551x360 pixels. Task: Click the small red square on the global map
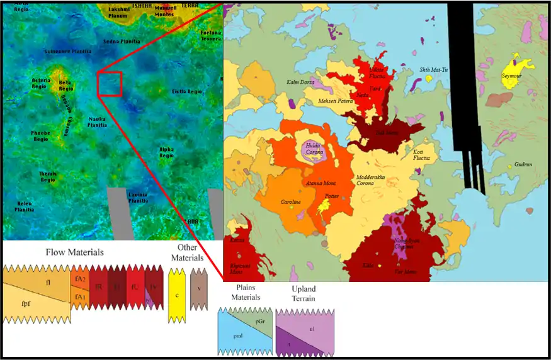(109, 84)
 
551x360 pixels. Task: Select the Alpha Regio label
(166, 151)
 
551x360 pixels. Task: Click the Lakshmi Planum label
(119, 13)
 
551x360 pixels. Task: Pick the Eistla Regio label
(186, 92)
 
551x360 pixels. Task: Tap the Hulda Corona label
(313, 148)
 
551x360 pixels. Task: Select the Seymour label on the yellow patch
(512, 76)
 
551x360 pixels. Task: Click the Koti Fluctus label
(422, 154)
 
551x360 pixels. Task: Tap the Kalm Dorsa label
(300, 82)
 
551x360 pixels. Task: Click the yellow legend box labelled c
(177, 295)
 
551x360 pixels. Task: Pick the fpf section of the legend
(25, 310)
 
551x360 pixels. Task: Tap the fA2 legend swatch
(80, 278)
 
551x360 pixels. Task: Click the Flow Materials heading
(74, 252)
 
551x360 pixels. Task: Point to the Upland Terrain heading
(305, 293)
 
